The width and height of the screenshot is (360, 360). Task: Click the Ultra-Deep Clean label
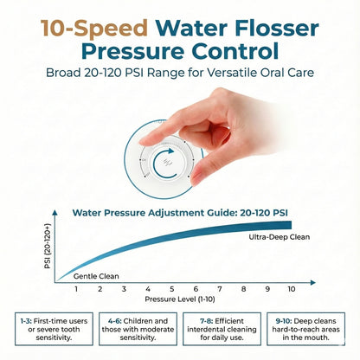pyautogui.click(x=279, y=236)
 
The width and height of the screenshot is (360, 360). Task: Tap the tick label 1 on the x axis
pyautogui.click(x=76, y=290)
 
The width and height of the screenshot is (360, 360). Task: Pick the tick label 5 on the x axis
pyautogui.click(x=171, y=290)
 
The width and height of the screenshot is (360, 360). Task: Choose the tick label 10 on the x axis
pyautogui.click(x=292, y=290)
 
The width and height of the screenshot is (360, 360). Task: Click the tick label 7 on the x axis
pyautogui.click(x=220, y=290)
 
